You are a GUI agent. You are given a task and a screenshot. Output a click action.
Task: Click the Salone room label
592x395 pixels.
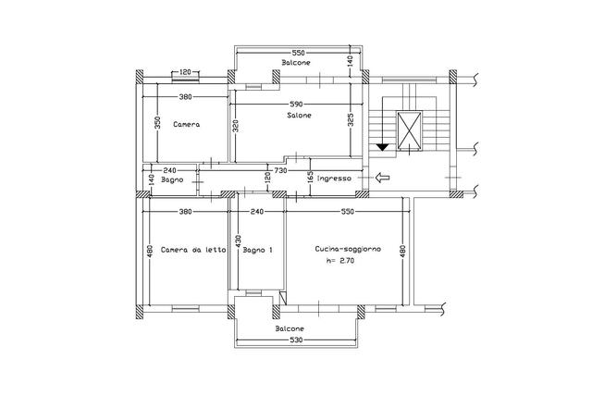(x=299, y=116)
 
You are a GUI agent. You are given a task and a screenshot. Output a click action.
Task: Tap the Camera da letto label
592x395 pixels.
(x=193, y=250)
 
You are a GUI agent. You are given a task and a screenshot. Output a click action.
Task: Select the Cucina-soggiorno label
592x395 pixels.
(x=348, y=249)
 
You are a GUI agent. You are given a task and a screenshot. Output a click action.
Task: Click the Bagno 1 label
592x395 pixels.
(x=257, y=250)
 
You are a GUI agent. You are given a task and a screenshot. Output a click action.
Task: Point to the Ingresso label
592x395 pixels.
(x=334, y=179)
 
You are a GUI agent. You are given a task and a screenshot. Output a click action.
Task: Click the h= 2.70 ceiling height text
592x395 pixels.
(x=340, y=260)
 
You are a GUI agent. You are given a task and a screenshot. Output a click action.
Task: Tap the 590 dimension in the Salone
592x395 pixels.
(x=296, y=104)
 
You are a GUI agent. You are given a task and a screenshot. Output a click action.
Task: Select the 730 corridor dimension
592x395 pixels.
(x=280, y=171)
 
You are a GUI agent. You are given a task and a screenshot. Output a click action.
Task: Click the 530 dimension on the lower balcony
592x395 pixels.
(x=296, y=340)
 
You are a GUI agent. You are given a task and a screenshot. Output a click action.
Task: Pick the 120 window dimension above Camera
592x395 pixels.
(x=185, y=72)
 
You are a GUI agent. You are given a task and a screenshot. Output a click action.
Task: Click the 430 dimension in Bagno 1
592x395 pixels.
(x=239, y=241)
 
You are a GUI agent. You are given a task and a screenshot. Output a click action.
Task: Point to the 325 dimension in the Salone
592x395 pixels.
(x=351, y=120)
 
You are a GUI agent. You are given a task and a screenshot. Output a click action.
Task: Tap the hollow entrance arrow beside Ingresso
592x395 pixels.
(x=382, y=177)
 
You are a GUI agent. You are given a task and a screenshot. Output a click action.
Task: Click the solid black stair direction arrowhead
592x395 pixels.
(x=382, y=147)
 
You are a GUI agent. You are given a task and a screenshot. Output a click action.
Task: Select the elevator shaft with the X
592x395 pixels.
(x=409, y=130)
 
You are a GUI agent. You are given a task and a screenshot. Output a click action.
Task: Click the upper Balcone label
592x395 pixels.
(x=296, y=63)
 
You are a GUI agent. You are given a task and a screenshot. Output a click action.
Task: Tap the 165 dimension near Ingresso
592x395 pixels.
(x=310, y=178)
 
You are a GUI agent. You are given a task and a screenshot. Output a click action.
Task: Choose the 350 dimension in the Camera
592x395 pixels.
(x=158, y=122)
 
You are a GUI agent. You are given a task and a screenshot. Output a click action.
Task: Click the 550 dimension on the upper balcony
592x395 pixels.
(x=298, y=53)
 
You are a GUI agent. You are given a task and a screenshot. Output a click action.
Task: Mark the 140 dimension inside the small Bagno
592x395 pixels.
(x=151, y=179)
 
